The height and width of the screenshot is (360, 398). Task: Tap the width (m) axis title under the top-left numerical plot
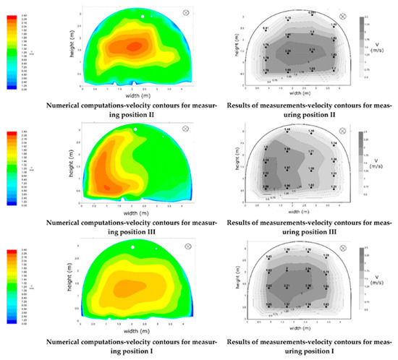click(x=135, y=96)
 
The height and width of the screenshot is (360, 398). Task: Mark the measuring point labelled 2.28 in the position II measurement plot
click(x=287, y=52)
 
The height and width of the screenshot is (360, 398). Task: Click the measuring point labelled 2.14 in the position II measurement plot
click(x=311, y=52)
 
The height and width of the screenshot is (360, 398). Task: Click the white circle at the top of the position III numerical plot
click(x=136, y=129)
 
